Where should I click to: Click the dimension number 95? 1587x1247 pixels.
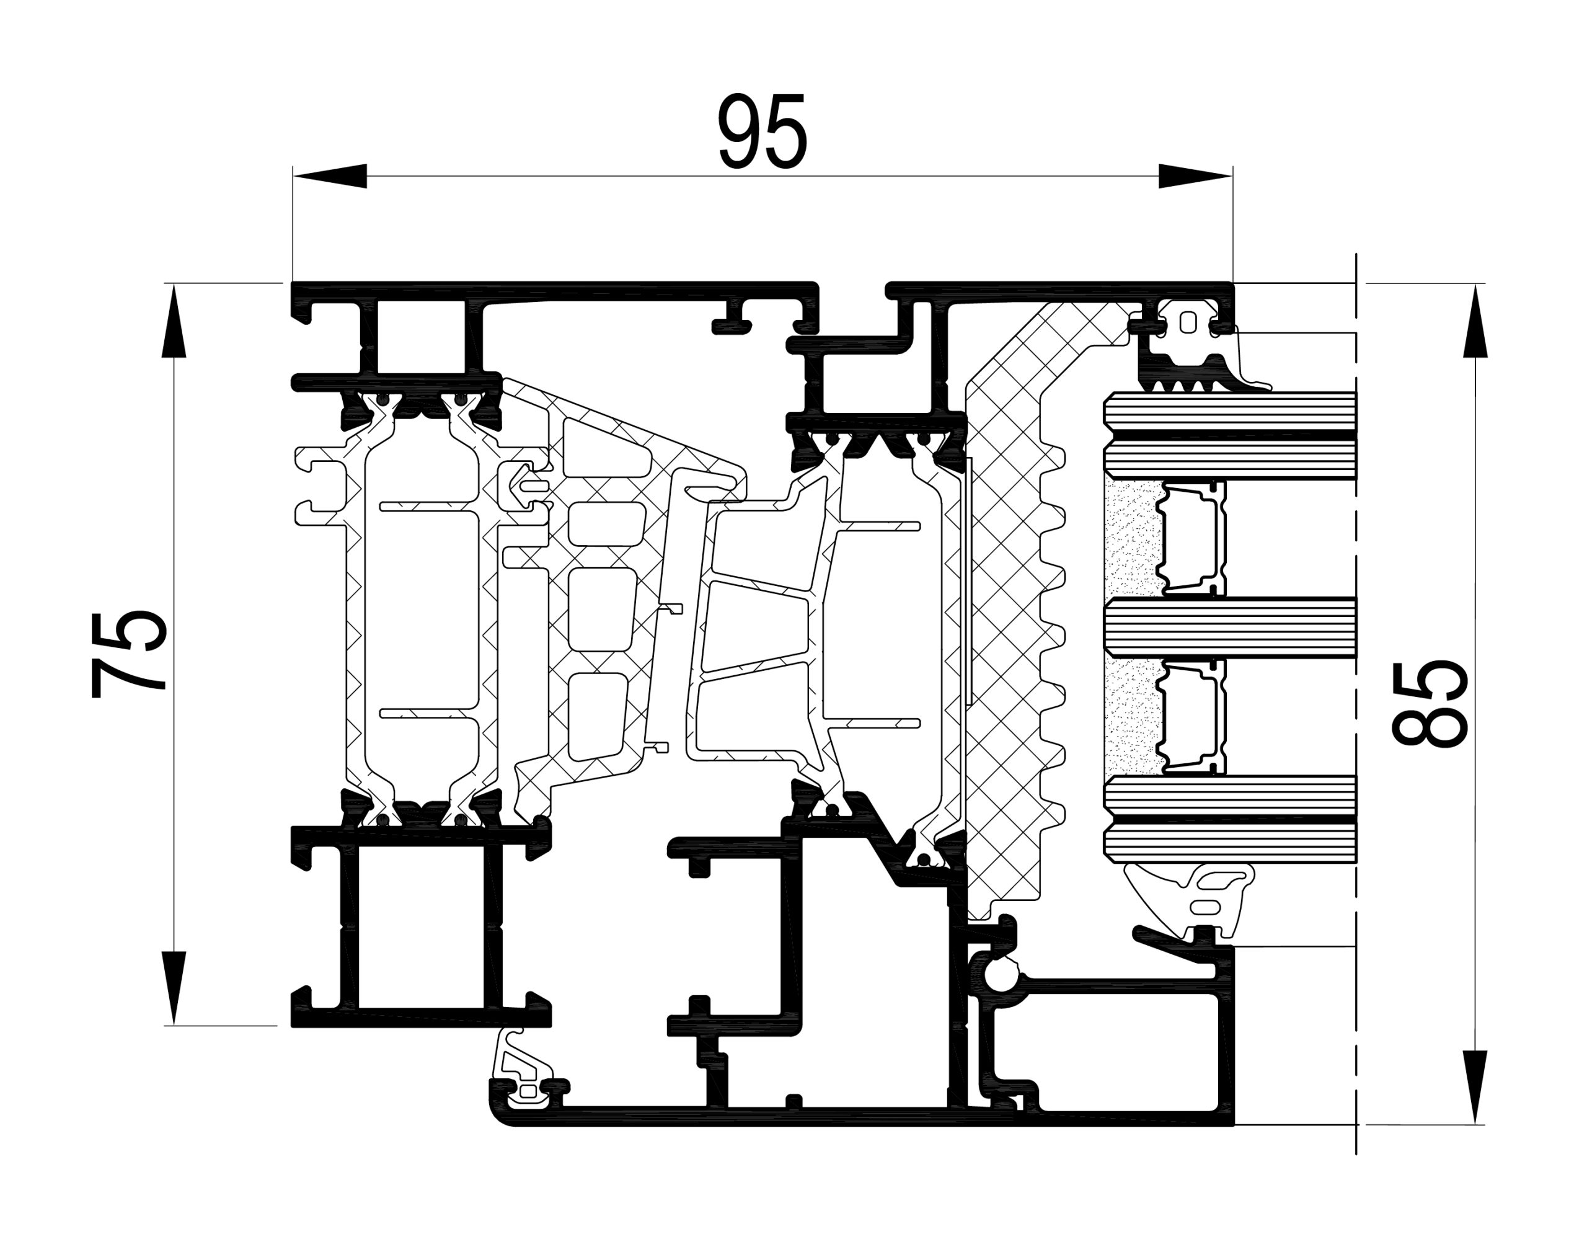click(x=763, y=132)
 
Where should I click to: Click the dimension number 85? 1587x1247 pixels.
click(x=1430, y=704)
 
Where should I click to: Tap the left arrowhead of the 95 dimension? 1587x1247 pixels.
click(x=330, y=176)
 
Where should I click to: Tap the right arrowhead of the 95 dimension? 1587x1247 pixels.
click(x=1196, y=176)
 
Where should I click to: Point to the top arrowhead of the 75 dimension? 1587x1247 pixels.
click(x=174, y=321)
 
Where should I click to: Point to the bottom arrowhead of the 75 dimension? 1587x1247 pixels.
click(x=174, y=988)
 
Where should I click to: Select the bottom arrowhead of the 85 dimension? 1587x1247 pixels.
click(x=1475, y=1087)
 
